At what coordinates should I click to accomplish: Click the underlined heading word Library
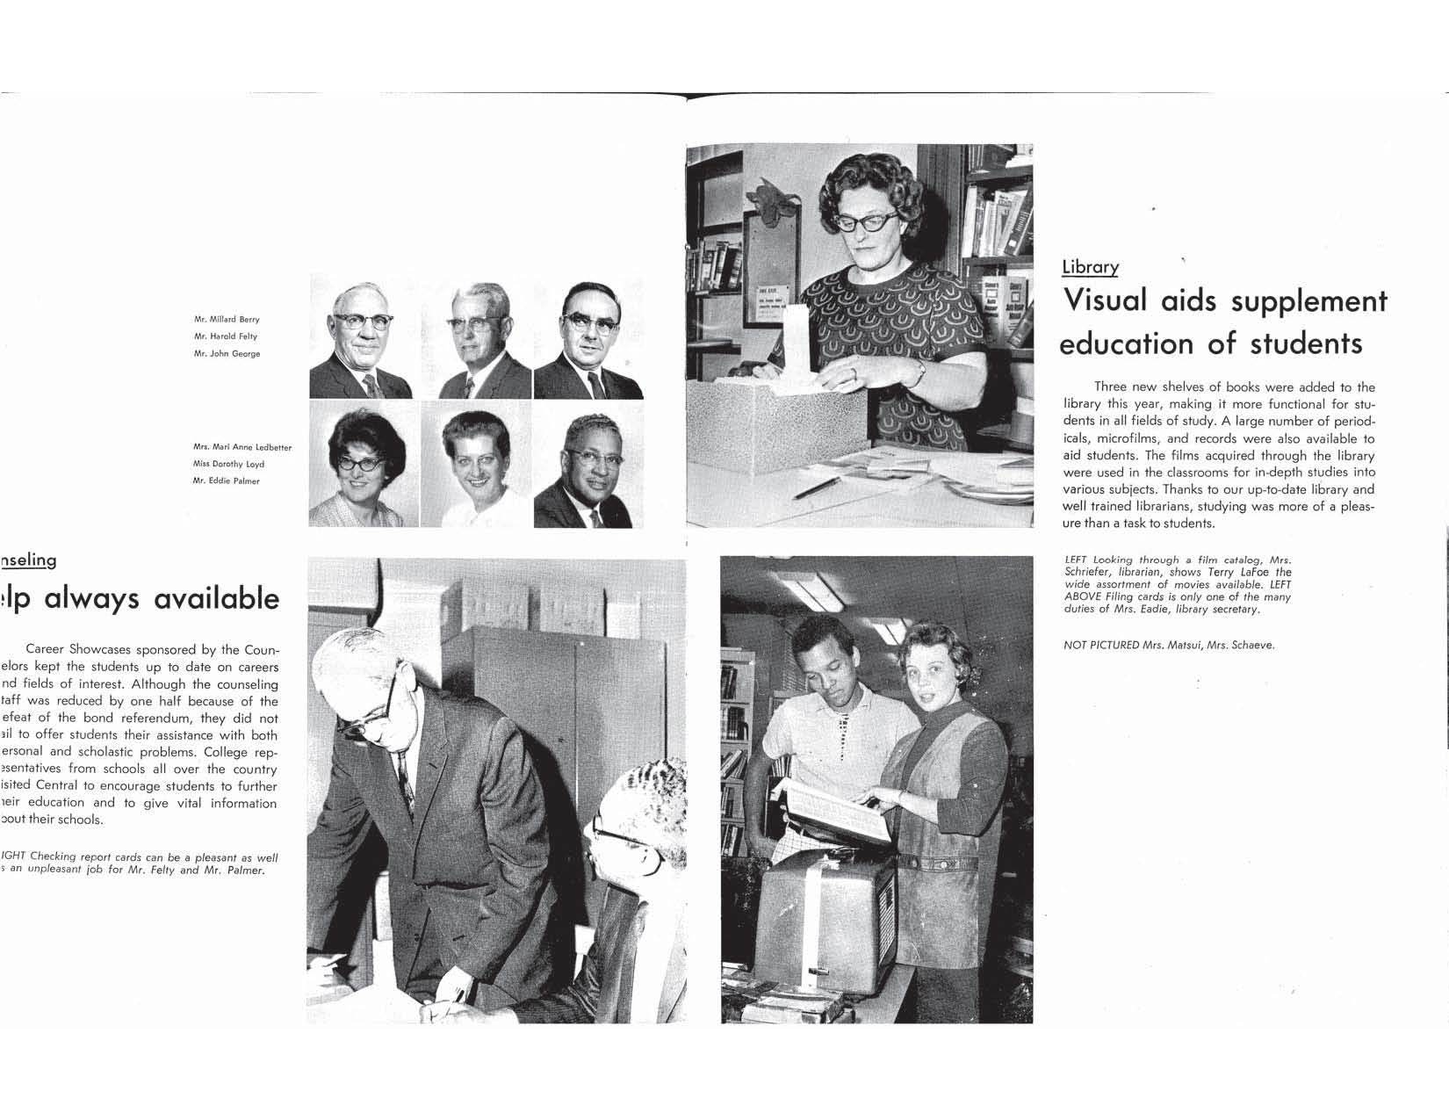coord(1090,267)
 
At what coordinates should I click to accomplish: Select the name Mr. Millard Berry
coord(227,320)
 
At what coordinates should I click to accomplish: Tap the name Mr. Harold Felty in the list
coord(226,336)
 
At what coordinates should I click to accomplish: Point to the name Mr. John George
coord(227,354)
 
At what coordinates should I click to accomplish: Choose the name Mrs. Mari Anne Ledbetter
coord(242,448)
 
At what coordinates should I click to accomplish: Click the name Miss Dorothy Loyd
coord(228,465)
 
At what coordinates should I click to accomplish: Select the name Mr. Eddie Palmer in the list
coord(227,481)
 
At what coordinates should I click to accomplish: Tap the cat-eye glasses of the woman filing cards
coord(866,220)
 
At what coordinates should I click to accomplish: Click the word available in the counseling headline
coord(216,599)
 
